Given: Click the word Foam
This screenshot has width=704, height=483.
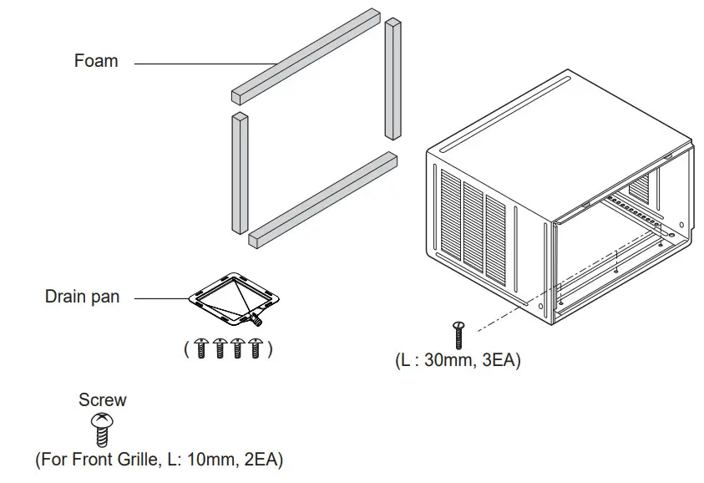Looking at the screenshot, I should tap(96, 61).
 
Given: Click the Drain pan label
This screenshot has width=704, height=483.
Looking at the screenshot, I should tap(82, 297).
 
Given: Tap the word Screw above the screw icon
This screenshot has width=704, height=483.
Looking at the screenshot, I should tap(103, 400).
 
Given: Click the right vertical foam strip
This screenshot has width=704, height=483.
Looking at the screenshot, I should tap(393, 79).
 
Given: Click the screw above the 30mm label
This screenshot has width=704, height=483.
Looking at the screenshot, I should tap(458, 335).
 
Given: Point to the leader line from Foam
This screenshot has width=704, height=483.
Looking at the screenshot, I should tap(200, 63).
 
